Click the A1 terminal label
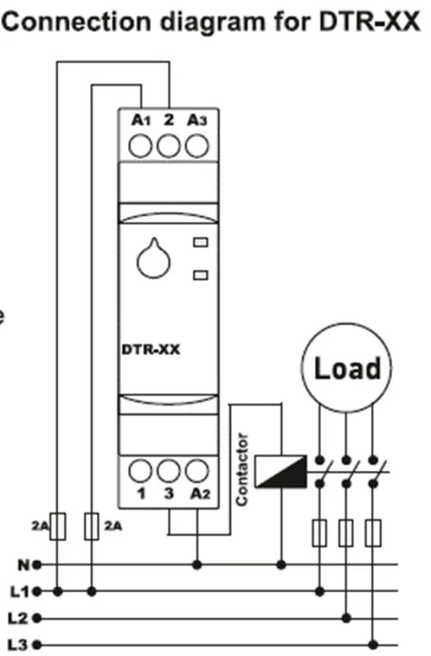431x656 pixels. (x=141, y=121)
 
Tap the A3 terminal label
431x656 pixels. (x=197, y=121)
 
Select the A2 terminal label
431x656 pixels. (x=200, y=494)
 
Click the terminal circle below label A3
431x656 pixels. (x=197, y=147)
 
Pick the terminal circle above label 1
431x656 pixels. (x=141, y=471)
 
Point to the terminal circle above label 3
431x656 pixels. (x=168, y=471)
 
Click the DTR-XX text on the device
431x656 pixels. (x=151, y=349)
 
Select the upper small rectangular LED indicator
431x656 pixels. (x=201, y=242)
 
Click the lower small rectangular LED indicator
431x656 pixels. (x=201, y=275)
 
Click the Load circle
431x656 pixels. (x=347, y=367)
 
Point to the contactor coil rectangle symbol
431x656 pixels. (x=280, y=472)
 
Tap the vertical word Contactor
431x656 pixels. (x=242, y=470)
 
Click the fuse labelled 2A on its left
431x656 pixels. (x=58, y=526)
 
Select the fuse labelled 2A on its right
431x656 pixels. (x=91, y=526)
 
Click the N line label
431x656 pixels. (x=24, y=565)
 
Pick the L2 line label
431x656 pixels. (x=19, y=618)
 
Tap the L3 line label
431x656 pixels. (x=19, y=645)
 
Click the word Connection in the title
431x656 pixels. (x=76, y=21)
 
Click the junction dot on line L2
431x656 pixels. (x=346, y=618)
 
